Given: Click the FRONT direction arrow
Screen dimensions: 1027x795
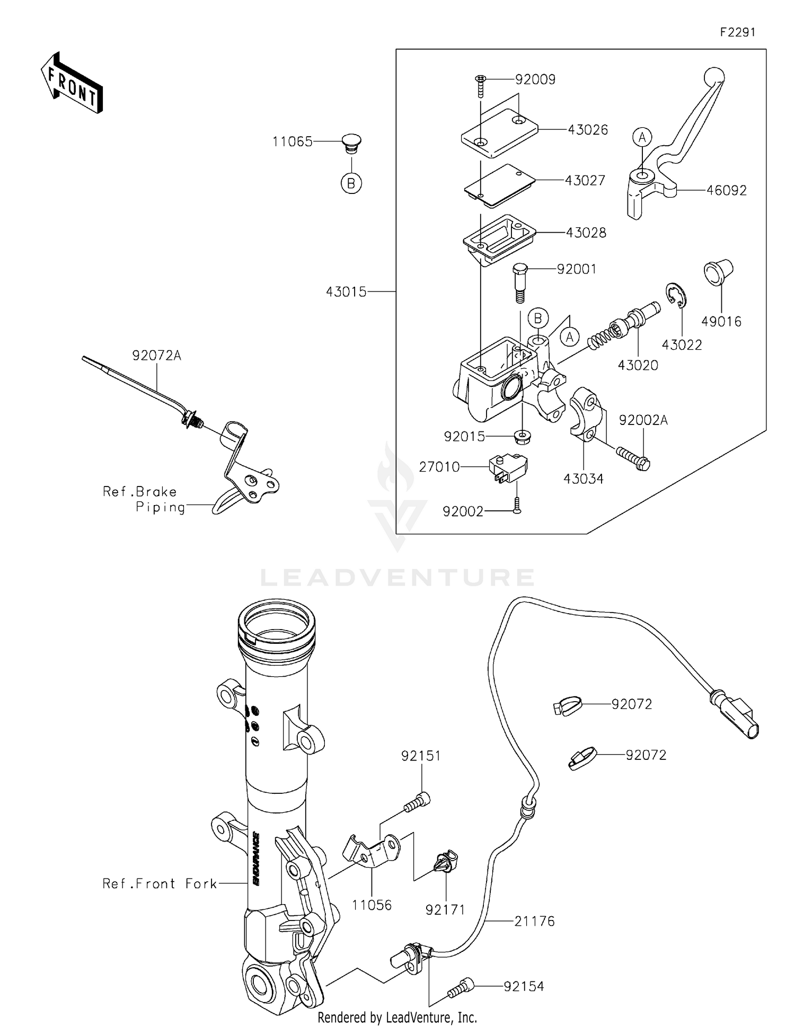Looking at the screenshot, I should (72, 83).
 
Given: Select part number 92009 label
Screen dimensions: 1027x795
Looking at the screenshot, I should (535, 79).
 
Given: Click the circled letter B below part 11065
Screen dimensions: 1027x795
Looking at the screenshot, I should (351, 183).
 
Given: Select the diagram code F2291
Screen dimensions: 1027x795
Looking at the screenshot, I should (737, 32).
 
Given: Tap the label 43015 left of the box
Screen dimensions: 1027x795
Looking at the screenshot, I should (346, 291).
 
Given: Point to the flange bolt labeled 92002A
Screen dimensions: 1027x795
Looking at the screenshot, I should (634, 458).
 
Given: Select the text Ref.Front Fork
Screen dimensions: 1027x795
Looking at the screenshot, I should (160, 883).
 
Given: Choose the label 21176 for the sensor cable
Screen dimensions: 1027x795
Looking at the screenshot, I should (534, 921).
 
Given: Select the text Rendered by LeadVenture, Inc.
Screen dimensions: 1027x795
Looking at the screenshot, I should (397, 1017).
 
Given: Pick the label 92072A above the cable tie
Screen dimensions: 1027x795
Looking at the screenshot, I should (157, 356).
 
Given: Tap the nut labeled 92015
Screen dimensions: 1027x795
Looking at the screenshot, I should (523, 437).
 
